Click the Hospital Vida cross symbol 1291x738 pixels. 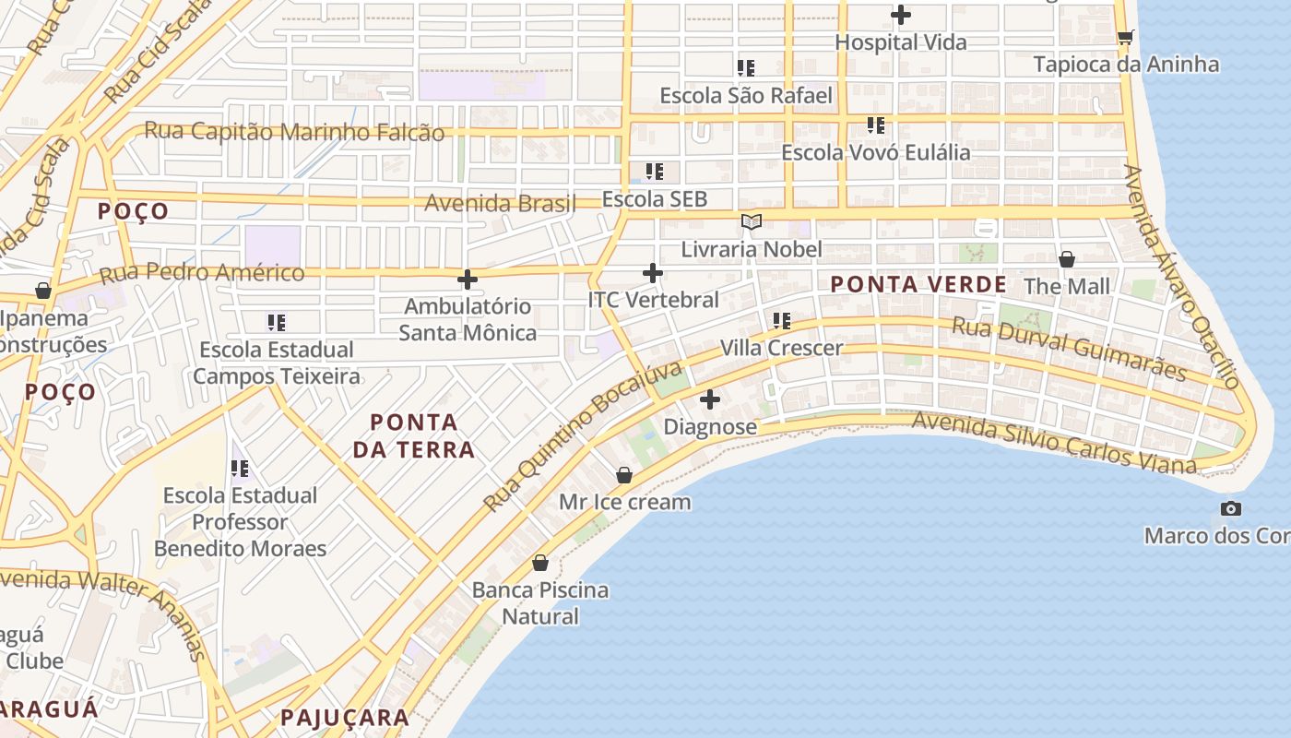click(x=901, y=15)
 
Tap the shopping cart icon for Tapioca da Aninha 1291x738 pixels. click(x=1125, y=37)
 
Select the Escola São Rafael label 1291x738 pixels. click(x=746, y=95)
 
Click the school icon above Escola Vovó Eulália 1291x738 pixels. click(x=875, y=125)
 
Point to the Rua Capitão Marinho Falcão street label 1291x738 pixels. click(x=294, y=131)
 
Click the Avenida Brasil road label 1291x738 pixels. click(x=500, y=202)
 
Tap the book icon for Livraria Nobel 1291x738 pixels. click(x=752, y=221)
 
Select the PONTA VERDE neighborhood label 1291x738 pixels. click(x=918, y=284)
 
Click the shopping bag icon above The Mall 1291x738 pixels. click(x=1067, y=259)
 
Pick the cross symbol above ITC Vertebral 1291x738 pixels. click(x=653, y=273)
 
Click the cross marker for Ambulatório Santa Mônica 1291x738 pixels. click(x=468, y=279)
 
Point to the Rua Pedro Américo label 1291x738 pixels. click(x=202, y=273)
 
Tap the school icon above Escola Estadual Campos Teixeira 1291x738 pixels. click(x=277, y=322)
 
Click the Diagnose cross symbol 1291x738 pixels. click(x=710, y=399)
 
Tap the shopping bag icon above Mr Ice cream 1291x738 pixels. click(x=624, y=475)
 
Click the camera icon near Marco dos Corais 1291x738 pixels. click(x=1230, y=508)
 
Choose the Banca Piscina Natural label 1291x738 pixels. click(x=540, y=603)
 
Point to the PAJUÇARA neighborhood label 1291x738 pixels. click(x=345, y=717)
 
